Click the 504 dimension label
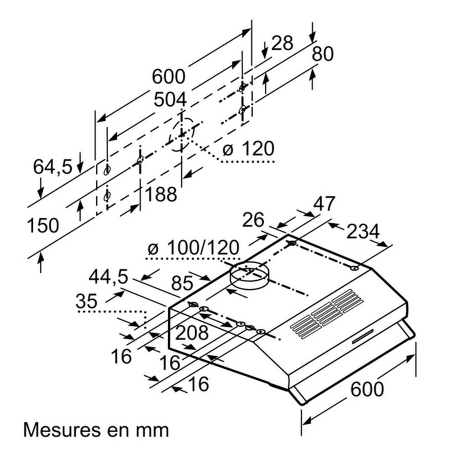tap(170, 100)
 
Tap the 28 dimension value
tap(282, 43)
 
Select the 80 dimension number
tap(322, 54)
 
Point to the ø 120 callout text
tap(248, 149)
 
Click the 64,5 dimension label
tap(52, 166)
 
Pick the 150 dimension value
tap(43, 226)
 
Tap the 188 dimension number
tap(161, 194)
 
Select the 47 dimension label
tap(324, 204)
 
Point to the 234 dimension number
tap(363, 231)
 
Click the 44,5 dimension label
tap(108, 277)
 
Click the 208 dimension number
tap(192, 333)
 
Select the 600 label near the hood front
tap(366, 389)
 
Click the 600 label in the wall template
tap(168, 76)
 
